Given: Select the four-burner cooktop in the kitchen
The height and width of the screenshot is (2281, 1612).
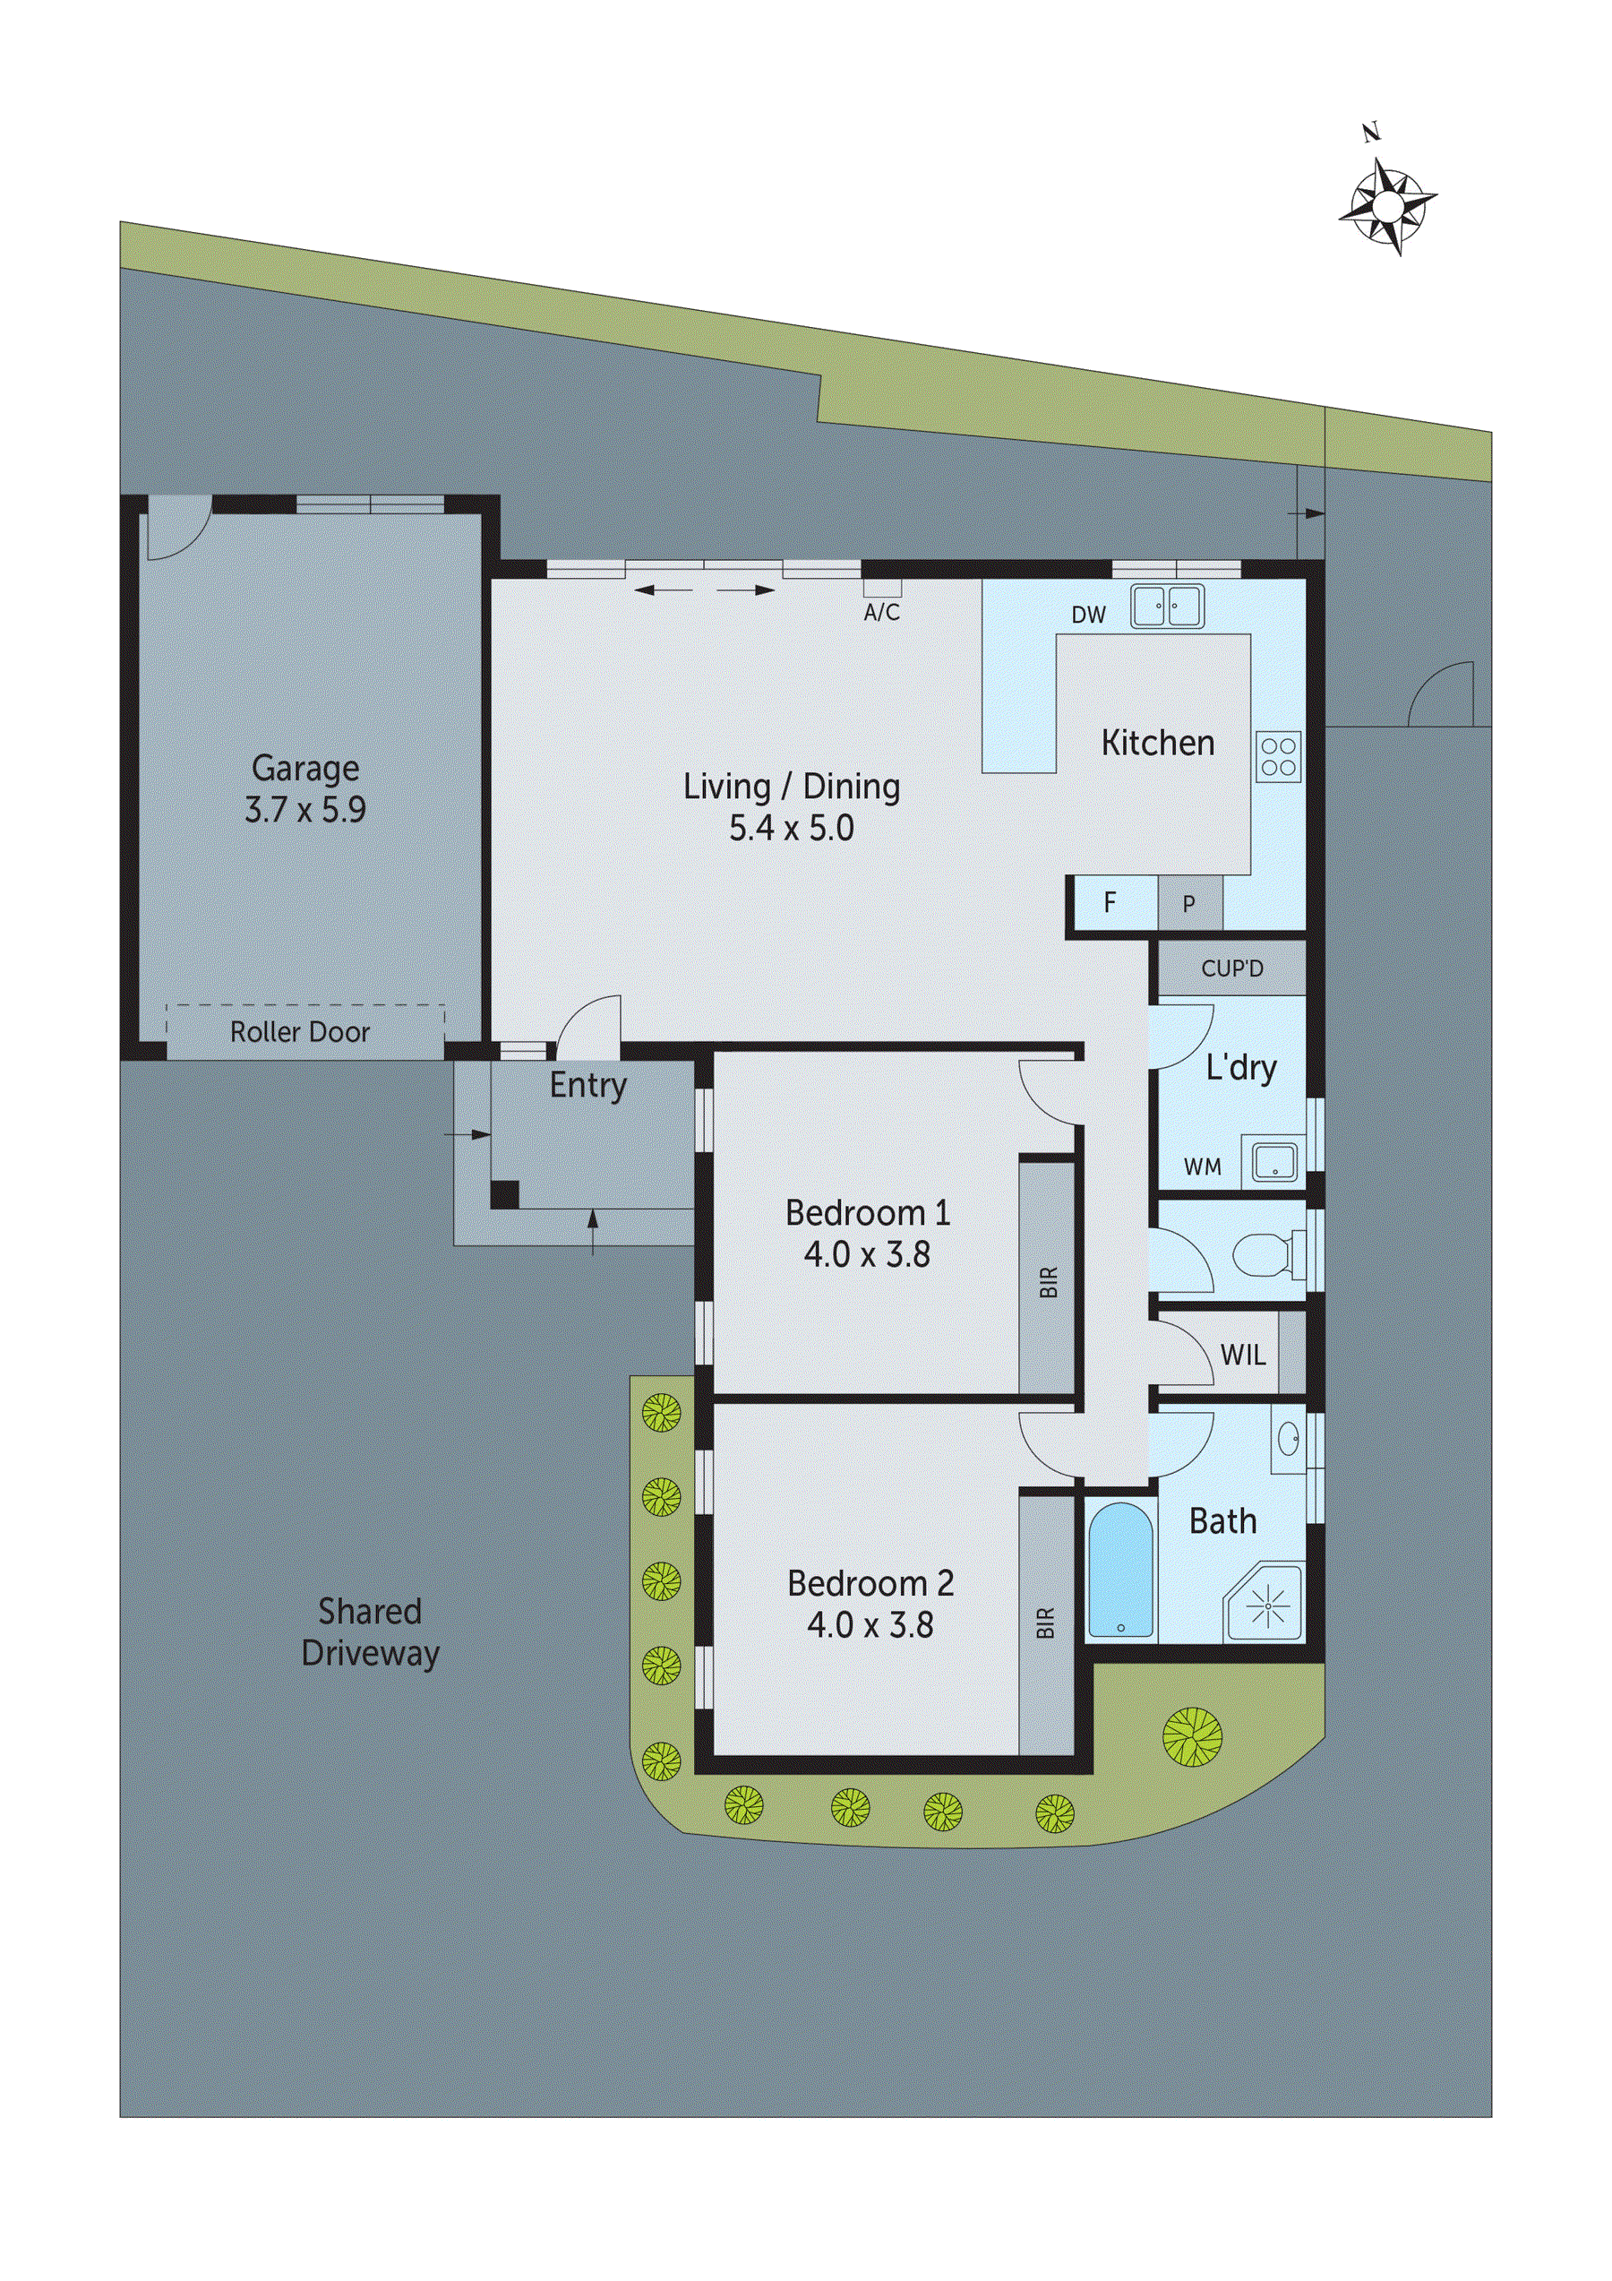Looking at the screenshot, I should (x=1277, y=756).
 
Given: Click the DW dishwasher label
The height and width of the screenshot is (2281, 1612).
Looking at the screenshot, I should (x=1089, y=615).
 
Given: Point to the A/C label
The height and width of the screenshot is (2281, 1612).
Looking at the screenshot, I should (x=881, y=612).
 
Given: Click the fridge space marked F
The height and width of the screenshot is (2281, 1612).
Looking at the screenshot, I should (x=1110, y=902).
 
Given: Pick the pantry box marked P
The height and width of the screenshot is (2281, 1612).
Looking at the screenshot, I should (x=1189, y=904).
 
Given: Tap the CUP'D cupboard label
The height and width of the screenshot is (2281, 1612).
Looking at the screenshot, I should (x=1231, y=968).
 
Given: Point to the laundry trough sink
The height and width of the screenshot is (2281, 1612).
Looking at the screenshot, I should (x=1274, y=1161).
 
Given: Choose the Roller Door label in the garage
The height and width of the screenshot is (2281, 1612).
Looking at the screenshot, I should (x=300, y=1032).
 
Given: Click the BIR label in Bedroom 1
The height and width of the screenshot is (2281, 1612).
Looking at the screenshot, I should (x=1048, y=1283).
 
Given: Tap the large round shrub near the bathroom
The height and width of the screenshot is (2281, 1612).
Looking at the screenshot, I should (x=1192, y=1736).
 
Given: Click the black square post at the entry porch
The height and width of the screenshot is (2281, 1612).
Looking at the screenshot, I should (x=504, y=1193).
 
